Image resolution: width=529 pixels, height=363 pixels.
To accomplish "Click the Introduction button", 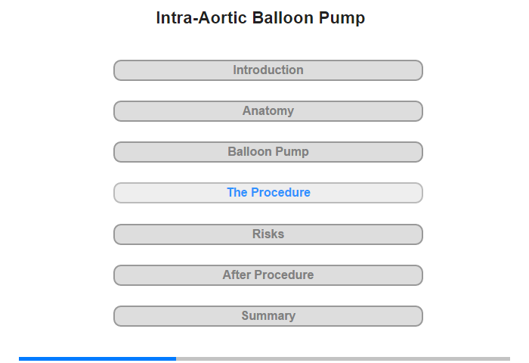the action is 268,70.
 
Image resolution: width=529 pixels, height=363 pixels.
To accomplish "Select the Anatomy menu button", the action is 268,111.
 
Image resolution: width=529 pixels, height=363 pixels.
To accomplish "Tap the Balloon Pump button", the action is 268,152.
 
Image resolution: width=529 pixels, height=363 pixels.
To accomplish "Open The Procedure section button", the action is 268,193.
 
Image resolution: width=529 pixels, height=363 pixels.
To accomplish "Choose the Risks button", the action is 268,234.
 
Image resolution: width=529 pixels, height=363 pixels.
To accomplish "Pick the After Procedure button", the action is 268,275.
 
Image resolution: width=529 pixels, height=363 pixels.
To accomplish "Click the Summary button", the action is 268,316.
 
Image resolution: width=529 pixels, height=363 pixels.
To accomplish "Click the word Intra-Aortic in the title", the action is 202,17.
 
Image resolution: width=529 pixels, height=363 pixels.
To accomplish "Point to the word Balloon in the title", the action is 283,17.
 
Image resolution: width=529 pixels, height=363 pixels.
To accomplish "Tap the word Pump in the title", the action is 342,19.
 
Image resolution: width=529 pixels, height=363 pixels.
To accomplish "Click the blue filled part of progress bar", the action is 97,358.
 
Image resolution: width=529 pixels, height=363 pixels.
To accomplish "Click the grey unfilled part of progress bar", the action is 343,358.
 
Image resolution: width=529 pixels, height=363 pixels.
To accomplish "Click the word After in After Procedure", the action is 237,275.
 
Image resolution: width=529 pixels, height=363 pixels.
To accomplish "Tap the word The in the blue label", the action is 237,193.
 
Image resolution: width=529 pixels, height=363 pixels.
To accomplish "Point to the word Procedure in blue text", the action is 280,193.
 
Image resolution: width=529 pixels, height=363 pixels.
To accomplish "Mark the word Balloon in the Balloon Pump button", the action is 251,151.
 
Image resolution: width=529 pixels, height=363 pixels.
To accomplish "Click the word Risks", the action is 268,234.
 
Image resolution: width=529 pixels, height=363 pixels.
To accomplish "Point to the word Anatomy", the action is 268,111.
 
